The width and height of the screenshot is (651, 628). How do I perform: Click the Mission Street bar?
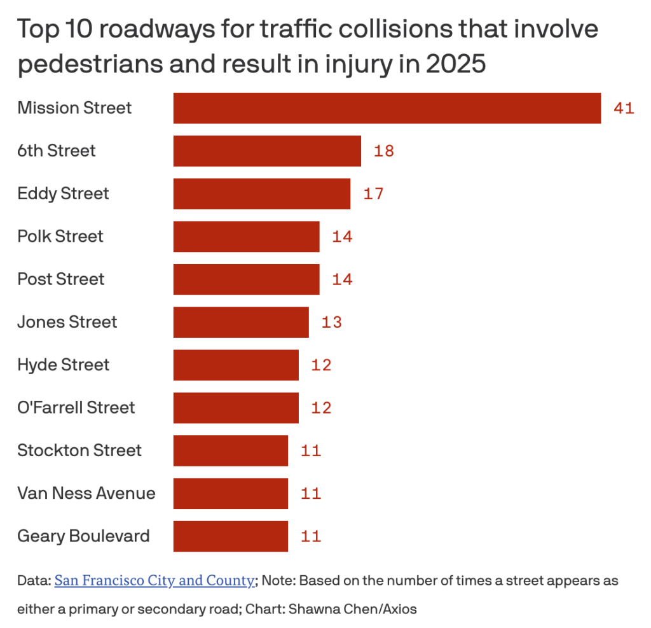387,108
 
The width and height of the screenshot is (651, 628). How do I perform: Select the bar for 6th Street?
267,151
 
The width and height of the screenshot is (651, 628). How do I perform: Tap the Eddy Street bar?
261,193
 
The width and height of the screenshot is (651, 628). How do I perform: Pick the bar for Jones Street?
241,322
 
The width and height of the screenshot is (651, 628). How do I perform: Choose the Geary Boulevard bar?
230,536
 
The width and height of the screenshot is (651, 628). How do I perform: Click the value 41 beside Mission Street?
624,108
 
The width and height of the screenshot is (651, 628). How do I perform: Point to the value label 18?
384,151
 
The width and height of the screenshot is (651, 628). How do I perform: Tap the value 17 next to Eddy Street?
373,193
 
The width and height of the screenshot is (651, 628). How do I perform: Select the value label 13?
331,322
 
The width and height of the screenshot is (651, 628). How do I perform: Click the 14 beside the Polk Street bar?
342,237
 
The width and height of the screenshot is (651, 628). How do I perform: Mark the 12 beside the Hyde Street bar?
321,365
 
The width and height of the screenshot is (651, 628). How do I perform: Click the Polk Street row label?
60,237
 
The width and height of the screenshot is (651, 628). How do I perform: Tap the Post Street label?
61,279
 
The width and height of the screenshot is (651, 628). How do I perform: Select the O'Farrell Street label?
76,408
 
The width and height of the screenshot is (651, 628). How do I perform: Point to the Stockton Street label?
79,450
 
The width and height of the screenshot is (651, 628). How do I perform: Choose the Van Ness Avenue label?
86,493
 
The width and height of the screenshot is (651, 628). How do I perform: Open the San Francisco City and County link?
154,581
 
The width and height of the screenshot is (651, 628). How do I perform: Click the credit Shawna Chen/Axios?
353,609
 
